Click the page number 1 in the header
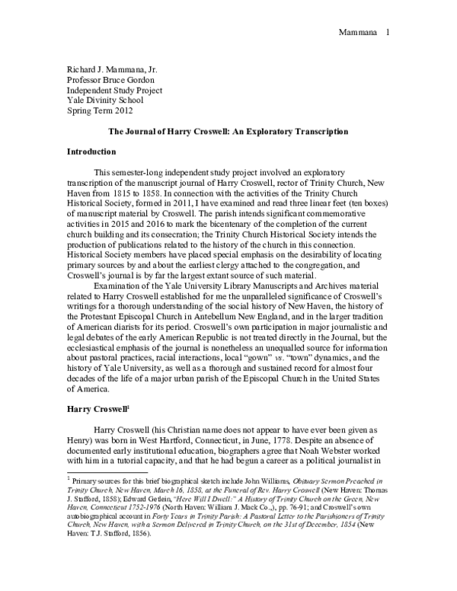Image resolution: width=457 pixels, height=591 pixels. (388, 11)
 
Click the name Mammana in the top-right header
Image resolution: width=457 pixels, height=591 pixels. (357, 11)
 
